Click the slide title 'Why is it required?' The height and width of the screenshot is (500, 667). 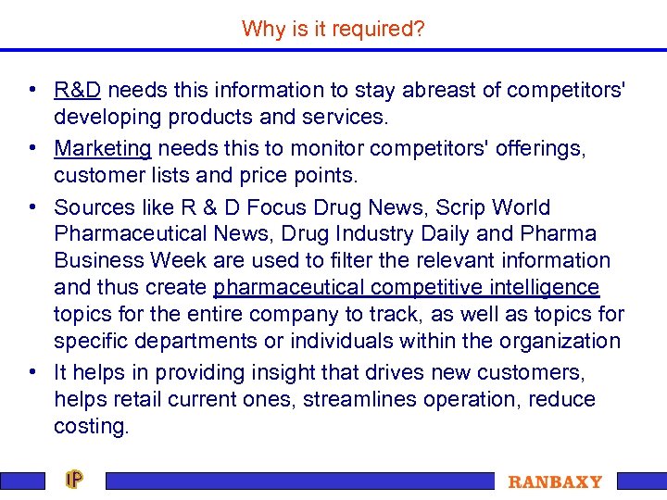(x=333, y=29)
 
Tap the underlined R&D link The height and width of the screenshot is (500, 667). (x=78, y=90)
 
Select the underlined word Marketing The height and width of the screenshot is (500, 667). (x=103, y=148)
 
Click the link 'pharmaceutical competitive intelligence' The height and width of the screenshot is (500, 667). (x=406, y=287)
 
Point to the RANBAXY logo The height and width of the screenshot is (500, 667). (x=555, y=481)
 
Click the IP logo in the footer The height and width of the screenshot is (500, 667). (x=74, y=480)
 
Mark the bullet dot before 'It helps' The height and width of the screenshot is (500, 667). (x=32, y=372)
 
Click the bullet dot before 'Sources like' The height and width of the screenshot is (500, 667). (x=32, y=207)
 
